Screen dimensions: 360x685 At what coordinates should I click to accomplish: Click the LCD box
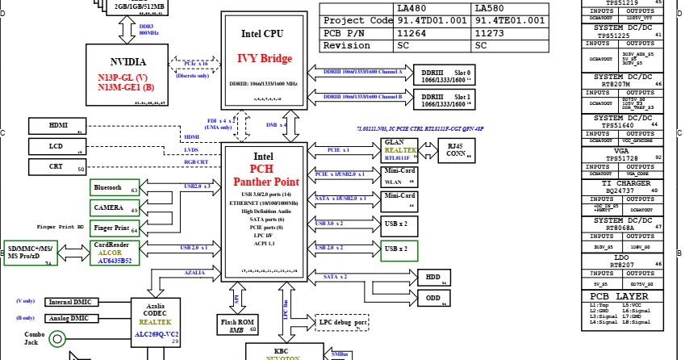tap(58, 146)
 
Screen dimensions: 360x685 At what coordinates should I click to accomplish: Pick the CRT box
tap(58, 166)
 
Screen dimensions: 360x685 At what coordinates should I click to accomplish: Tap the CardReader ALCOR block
tap(115, 253)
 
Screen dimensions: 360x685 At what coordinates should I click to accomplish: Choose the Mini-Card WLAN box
tap(399, 177)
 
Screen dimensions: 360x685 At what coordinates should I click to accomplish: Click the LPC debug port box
tap(345, 323)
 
